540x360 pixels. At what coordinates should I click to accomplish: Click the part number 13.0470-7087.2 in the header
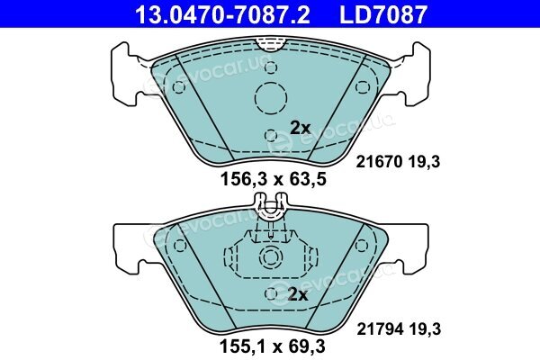pos(222,15)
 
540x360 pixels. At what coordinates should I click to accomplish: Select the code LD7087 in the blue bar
pos(383,15)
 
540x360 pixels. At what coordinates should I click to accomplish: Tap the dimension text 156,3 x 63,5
pos(273,179)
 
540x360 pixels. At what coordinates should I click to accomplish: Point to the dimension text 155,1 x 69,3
pos(272,346)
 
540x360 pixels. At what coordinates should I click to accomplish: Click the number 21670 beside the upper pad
pos(379,162)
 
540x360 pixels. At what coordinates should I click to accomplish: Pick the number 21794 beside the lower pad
pos(380,329)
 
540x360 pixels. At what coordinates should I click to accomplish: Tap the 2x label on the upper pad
pos(301,128)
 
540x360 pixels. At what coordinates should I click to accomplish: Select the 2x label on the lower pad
pos(298,294)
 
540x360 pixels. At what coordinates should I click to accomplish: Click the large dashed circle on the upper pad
pos(271,98)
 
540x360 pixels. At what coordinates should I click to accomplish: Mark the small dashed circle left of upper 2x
pos(271,135)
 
